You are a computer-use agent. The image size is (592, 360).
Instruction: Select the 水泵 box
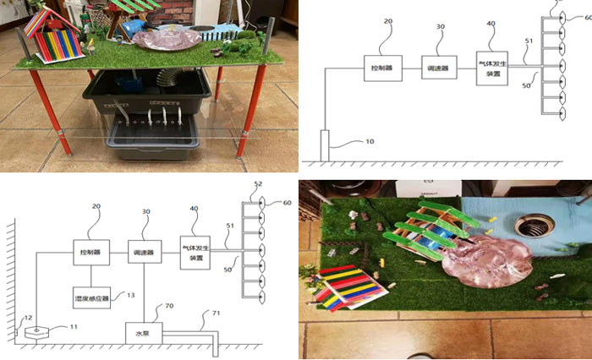click(142, 333)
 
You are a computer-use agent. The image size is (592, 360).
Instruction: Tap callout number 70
click(169, 306)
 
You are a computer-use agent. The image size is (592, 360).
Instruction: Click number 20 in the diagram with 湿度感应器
click(96, 205)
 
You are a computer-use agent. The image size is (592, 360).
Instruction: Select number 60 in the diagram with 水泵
click(288, 203)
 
